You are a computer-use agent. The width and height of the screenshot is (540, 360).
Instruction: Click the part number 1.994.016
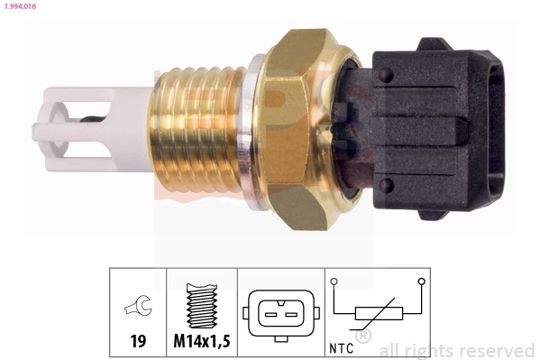point(20,7)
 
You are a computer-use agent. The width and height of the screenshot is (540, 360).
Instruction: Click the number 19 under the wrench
point(138,343)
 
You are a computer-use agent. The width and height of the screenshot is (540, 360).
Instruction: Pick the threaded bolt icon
point(202,306)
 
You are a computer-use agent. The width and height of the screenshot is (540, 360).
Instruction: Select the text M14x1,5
point(202,343)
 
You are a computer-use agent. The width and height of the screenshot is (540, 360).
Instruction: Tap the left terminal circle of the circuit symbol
point(335,282)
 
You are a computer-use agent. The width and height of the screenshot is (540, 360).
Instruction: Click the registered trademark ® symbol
point(363,337)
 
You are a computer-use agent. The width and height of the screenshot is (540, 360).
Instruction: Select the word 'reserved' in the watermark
point(496,350)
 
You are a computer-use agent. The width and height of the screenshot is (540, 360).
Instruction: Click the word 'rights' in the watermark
point(431,350)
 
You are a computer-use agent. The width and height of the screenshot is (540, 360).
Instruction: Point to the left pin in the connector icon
point(268,313)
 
